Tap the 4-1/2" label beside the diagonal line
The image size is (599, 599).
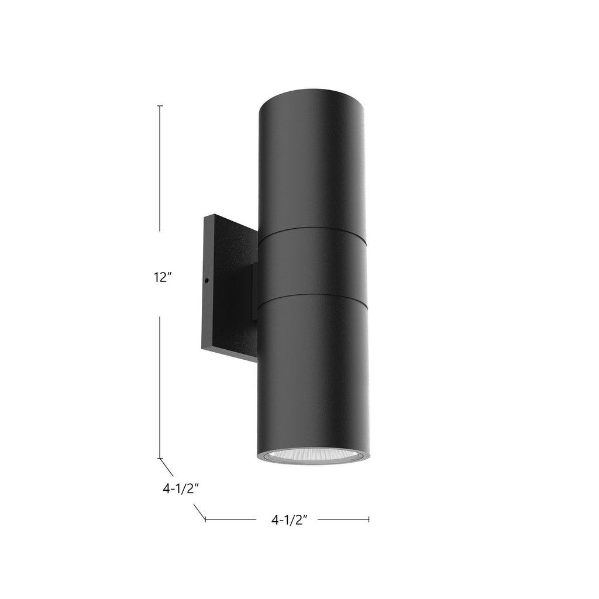(182, 489)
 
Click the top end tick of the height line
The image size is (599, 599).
(160, 106)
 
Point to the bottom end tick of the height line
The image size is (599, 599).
(160, 458)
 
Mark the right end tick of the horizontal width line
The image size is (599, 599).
(369, 518)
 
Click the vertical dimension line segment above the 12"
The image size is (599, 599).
(160, 170)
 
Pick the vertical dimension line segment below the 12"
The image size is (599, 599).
(160, 386)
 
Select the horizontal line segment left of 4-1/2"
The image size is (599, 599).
(231, 518)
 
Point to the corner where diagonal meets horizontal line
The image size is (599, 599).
(205, 518)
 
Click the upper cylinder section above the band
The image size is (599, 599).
(313, 164)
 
